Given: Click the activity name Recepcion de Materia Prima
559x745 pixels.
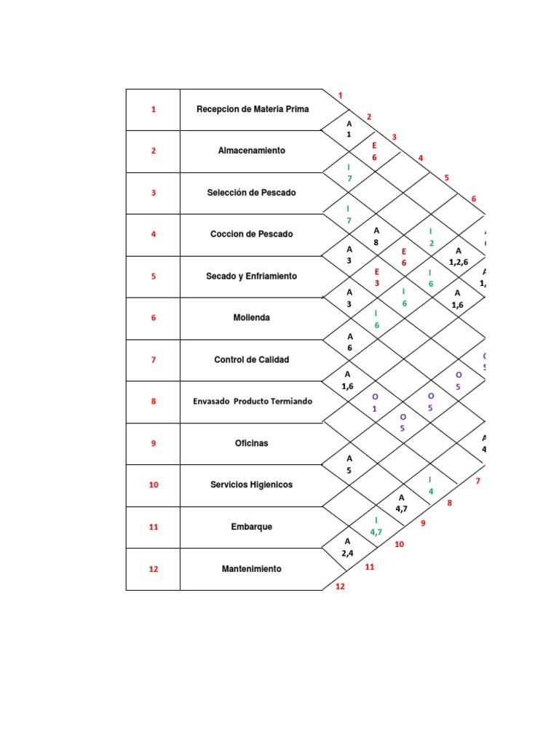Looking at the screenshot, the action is [x=253, y=109].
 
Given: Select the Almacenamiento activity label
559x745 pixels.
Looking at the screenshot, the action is [x=252, y=151].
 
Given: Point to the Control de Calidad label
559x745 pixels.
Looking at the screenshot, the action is [x=252, y=359].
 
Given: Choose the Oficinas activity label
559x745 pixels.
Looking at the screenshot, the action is [x=252, y=443].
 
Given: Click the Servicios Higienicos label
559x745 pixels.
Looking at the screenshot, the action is [x=252, y=485].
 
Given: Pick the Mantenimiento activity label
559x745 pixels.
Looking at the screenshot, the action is [x=252, y=569].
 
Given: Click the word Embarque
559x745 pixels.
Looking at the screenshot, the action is [x=252, y=527].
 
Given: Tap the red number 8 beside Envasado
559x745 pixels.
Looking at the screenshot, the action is [x=154, y=401].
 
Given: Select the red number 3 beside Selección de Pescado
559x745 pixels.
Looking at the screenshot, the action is [x=154, y=193].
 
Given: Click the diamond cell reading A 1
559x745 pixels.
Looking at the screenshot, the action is [x=349, y=130].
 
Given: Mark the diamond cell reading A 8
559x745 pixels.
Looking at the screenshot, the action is [x=376, y=237].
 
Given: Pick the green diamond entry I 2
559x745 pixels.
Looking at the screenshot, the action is [x=431, y=237].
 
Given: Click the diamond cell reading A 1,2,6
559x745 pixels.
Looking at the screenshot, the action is [x=458, y=256].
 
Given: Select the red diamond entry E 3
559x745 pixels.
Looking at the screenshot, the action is [x=377, y=277].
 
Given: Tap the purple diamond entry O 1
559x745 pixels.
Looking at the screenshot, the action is [x=375, y=402].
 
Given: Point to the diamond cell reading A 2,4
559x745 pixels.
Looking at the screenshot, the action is [x=348, y=547].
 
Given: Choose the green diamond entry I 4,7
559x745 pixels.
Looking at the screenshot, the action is [x=376, y=526].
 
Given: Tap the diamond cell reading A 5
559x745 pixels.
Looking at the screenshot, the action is [x=349, y=464].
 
